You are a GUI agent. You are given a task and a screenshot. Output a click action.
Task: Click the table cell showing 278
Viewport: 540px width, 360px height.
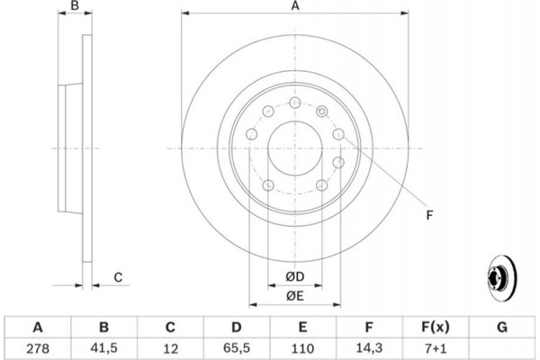pyautogui.click(x=38, y=348)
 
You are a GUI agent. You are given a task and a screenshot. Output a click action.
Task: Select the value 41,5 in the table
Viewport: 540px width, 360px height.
pyautogui.click(x=103, y=348)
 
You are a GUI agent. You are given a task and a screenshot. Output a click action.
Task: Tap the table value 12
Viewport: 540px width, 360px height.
pyautogui.click(x=170, y=348)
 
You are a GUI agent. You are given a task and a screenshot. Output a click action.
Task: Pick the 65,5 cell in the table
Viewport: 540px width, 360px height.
pyautogui.click(x=236, y=348)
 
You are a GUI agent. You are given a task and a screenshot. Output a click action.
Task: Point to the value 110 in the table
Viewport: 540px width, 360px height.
pyautogui.click(x=302, y=348)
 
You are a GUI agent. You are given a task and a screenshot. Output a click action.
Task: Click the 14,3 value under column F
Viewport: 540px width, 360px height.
pyautogui.click(x=369, y=348)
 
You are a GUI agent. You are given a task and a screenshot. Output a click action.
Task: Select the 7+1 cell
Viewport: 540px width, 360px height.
pyautogui.click(x=436, y=348)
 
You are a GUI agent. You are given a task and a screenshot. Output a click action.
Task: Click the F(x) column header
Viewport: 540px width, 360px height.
pyautogui.click(x=436, y=327)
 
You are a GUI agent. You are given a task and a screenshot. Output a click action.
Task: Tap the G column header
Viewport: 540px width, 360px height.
pyautogui.click(x=502, y=327)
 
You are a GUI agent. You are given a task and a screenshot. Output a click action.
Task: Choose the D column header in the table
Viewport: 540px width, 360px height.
pyautogui.click(x=236, y=327)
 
